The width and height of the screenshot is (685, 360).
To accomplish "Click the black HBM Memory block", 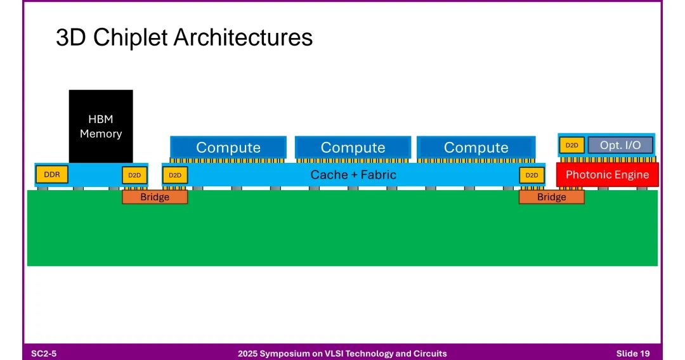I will coord(101,125).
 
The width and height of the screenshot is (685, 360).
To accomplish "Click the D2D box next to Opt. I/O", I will coord(571,145).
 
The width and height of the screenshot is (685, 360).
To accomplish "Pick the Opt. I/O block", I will coord(620,145).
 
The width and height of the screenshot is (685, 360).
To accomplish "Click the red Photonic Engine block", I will coord(607,174).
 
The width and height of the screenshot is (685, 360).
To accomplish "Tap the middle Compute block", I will coord(353,147).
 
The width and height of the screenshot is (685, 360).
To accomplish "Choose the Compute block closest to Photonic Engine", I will coord(476,147).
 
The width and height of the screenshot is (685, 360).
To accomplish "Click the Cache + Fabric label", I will coord(353,174).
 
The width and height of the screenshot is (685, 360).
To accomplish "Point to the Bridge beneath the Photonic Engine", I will coord(551,197).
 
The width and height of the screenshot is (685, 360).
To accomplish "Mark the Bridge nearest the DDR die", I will coord(155,197).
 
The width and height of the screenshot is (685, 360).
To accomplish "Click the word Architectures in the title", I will coord(243,38).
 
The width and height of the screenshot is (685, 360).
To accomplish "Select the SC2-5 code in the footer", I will coord(44,353).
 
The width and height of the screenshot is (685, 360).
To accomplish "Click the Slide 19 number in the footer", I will coord(632,353).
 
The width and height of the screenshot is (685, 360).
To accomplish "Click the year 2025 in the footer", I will coord(249,353).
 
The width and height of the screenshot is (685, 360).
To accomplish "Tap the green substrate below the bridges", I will coord(342,235).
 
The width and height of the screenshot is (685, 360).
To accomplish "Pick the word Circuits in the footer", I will coord(429,353).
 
